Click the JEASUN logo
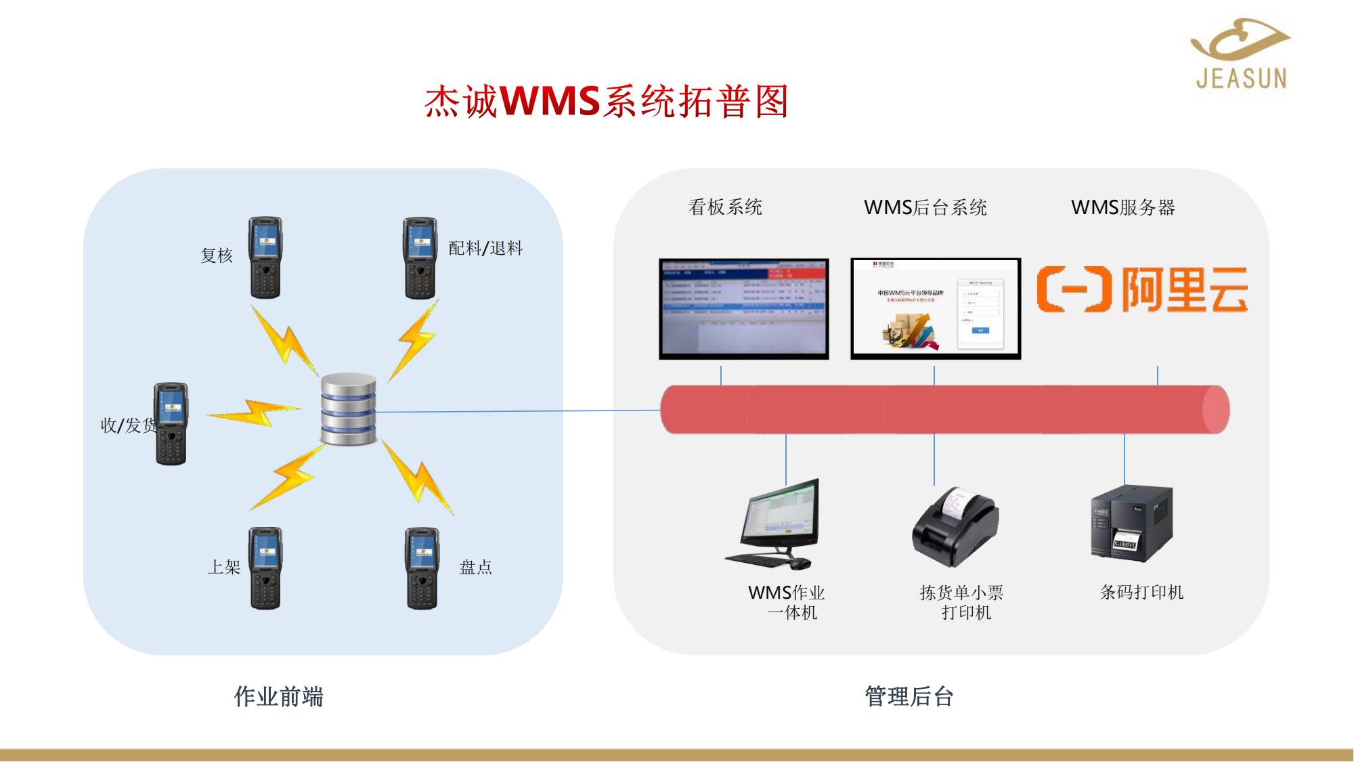point(1240,54)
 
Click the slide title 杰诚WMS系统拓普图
point(606,102)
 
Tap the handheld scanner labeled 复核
point(265,257)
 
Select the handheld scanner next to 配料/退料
point(420,258)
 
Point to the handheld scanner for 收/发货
point(171,424)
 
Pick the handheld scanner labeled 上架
point(265,568)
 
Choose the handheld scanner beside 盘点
point(421,568)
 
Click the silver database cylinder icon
point(348,409)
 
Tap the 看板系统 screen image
point(744,308)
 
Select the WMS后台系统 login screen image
point(935,308)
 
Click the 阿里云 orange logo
point(1142,289)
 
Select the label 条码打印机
point(1141,592)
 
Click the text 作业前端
point(278,696)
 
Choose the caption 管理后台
point(909,696)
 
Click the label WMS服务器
point(1122,207)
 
